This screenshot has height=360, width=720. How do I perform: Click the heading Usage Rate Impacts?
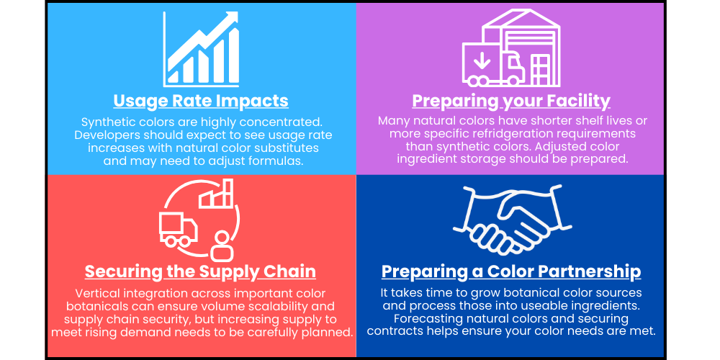201,101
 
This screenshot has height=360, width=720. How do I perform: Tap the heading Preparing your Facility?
511,101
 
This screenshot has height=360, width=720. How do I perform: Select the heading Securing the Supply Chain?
200,271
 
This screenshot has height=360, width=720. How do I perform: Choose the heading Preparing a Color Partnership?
511,271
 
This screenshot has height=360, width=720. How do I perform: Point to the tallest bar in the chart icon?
233,55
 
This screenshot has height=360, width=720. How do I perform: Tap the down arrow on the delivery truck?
482,61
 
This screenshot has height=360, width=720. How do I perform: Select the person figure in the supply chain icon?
222,247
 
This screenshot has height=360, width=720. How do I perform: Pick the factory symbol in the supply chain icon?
216,194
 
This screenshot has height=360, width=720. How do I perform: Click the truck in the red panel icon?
178,230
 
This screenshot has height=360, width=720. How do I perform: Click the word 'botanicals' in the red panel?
94,306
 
